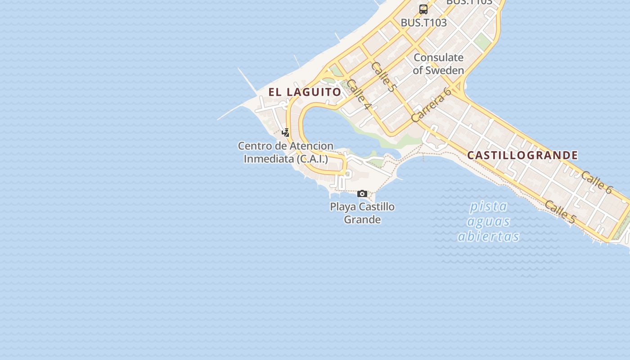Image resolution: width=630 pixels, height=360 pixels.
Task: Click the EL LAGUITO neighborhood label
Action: click(305, 92)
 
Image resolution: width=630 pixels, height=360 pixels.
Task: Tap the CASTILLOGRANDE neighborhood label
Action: click(522, 155)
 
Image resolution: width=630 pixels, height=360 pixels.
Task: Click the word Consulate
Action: click(438, 58)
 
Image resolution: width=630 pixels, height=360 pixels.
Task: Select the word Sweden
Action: click(445, 70)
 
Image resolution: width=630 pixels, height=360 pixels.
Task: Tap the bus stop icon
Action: click(423, 9)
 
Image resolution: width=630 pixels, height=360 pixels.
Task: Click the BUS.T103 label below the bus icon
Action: click(423, 22)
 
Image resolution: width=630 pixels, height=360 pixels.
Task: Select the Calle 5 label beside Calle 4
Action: click(383, 77)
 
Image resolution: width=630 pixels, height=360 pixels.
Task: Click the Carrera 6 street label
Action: click(431, 105)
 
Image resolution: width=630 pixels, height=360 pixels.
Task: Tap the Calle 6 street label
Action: click(596, 182)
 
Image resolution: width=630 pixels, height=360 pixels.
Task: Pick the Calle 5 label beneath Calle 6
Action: click(560, 212)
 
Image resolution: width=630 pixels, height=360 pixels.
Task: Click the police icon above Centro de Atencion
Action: click(285, 132)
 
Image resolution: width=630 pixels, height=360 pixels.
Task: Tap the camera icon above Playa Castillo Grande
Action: click(362, 194)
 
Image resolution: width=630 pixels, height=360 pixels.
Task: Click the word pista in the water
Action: click(489, 207)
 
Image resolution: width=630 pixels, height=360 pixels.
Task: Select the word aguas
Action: click(489, 221)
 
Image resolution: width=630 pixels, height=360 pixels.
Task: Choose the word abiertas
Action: click(489, 236)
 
